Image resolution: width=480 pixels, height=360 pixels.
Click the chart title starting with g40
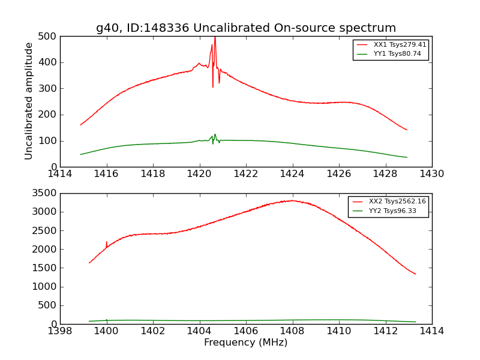246,28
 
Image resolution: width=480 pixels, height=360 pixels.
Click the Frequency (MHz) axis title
246,343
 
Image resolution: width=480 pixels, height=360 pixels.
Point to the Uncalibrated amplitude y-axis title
29,101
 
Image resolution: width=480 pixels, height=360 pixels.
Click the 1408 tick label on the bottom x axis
292,331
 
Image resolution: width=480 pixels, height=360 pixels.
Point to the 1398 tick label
60,331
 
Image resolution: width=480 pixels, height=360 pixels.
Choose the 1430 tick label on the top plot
431,174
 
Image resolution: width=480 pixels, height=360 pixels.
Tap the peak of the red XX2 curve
292,200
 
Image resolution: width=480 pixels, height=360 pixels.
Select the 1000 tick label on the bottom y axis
46,287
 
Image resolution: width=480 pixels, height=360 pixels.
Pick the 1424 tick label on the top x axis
292,174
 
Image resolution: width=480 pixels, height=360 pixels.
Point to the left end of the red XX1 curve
81,125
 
